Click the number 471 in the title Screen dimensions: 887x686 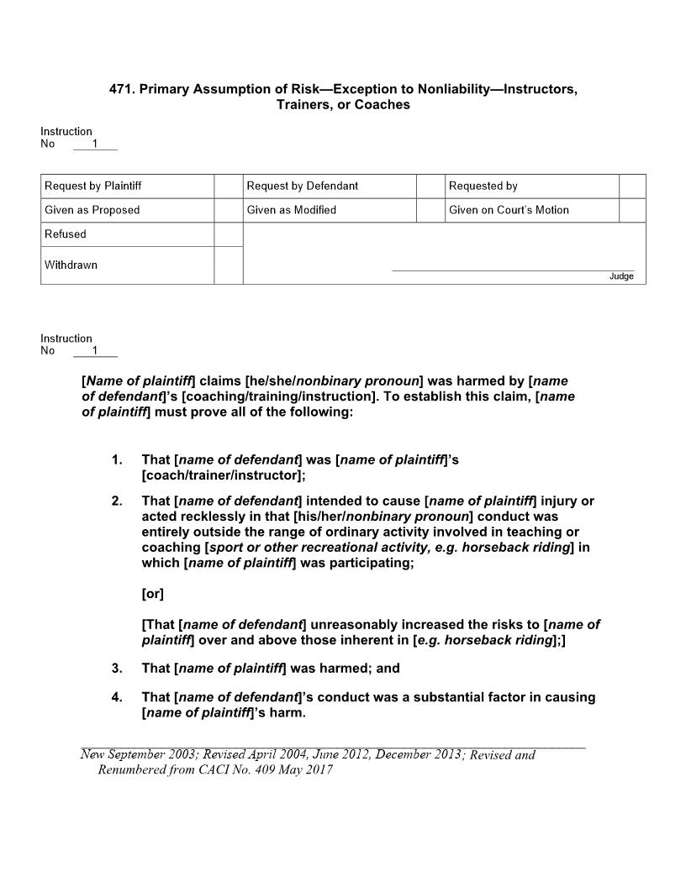(x=122, y=88)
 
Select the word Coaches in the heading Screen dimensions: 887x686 (x=383, y=105)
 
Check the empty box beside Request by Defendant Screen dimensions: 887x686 (x=430, y=186)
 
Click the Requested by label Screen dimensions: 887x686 (x=483, y=186)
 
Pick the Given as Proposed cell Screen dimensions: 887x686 (x=92, y=210)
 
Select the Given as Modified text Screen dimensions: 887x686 (x=291, y=210)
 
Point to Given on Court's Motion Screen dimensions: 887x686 (x=509, y=210)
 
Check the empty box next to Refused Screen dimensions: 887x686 (x=228, y=234)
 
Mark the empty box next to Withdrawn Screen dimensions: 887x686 (x=228, y=265)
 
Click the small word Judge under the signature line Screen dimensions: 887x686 (x=621, y=277)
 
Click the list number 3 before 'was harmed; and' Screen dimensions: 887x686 (x=117, y=669)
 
